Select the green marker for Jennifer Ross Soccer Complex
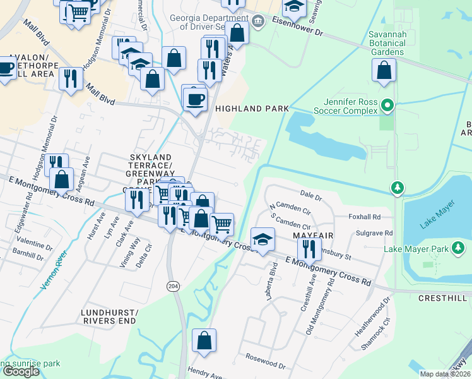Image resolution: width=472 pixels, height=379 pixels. pos(389,106)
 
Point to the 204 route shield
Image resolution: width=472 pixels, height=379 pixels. pos(173,286)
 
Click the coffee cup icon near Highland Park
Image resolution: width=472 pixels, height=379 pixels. pos(195,100)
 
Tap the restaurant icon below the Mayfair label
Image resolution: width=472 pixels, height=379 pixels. pos(309,250)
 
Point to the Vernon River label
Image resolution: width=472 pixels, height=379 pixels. pos(52,270)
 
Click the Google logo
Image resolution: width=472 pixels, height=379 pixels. pos(21,371)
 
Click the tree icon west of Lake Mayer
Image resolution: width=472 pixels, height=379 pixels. pos(397,188)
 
